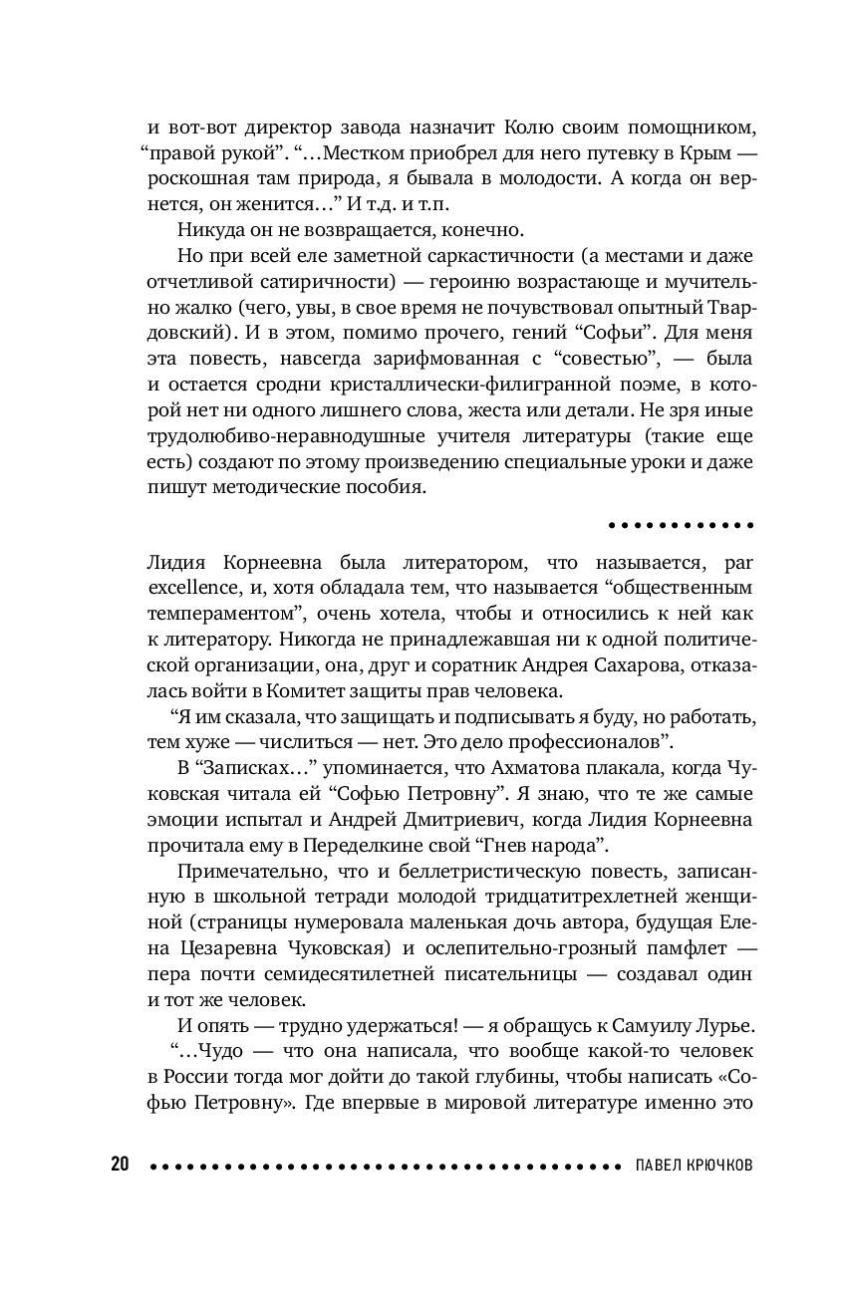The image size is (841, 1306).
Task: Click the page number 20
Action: click(120, 1164)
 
